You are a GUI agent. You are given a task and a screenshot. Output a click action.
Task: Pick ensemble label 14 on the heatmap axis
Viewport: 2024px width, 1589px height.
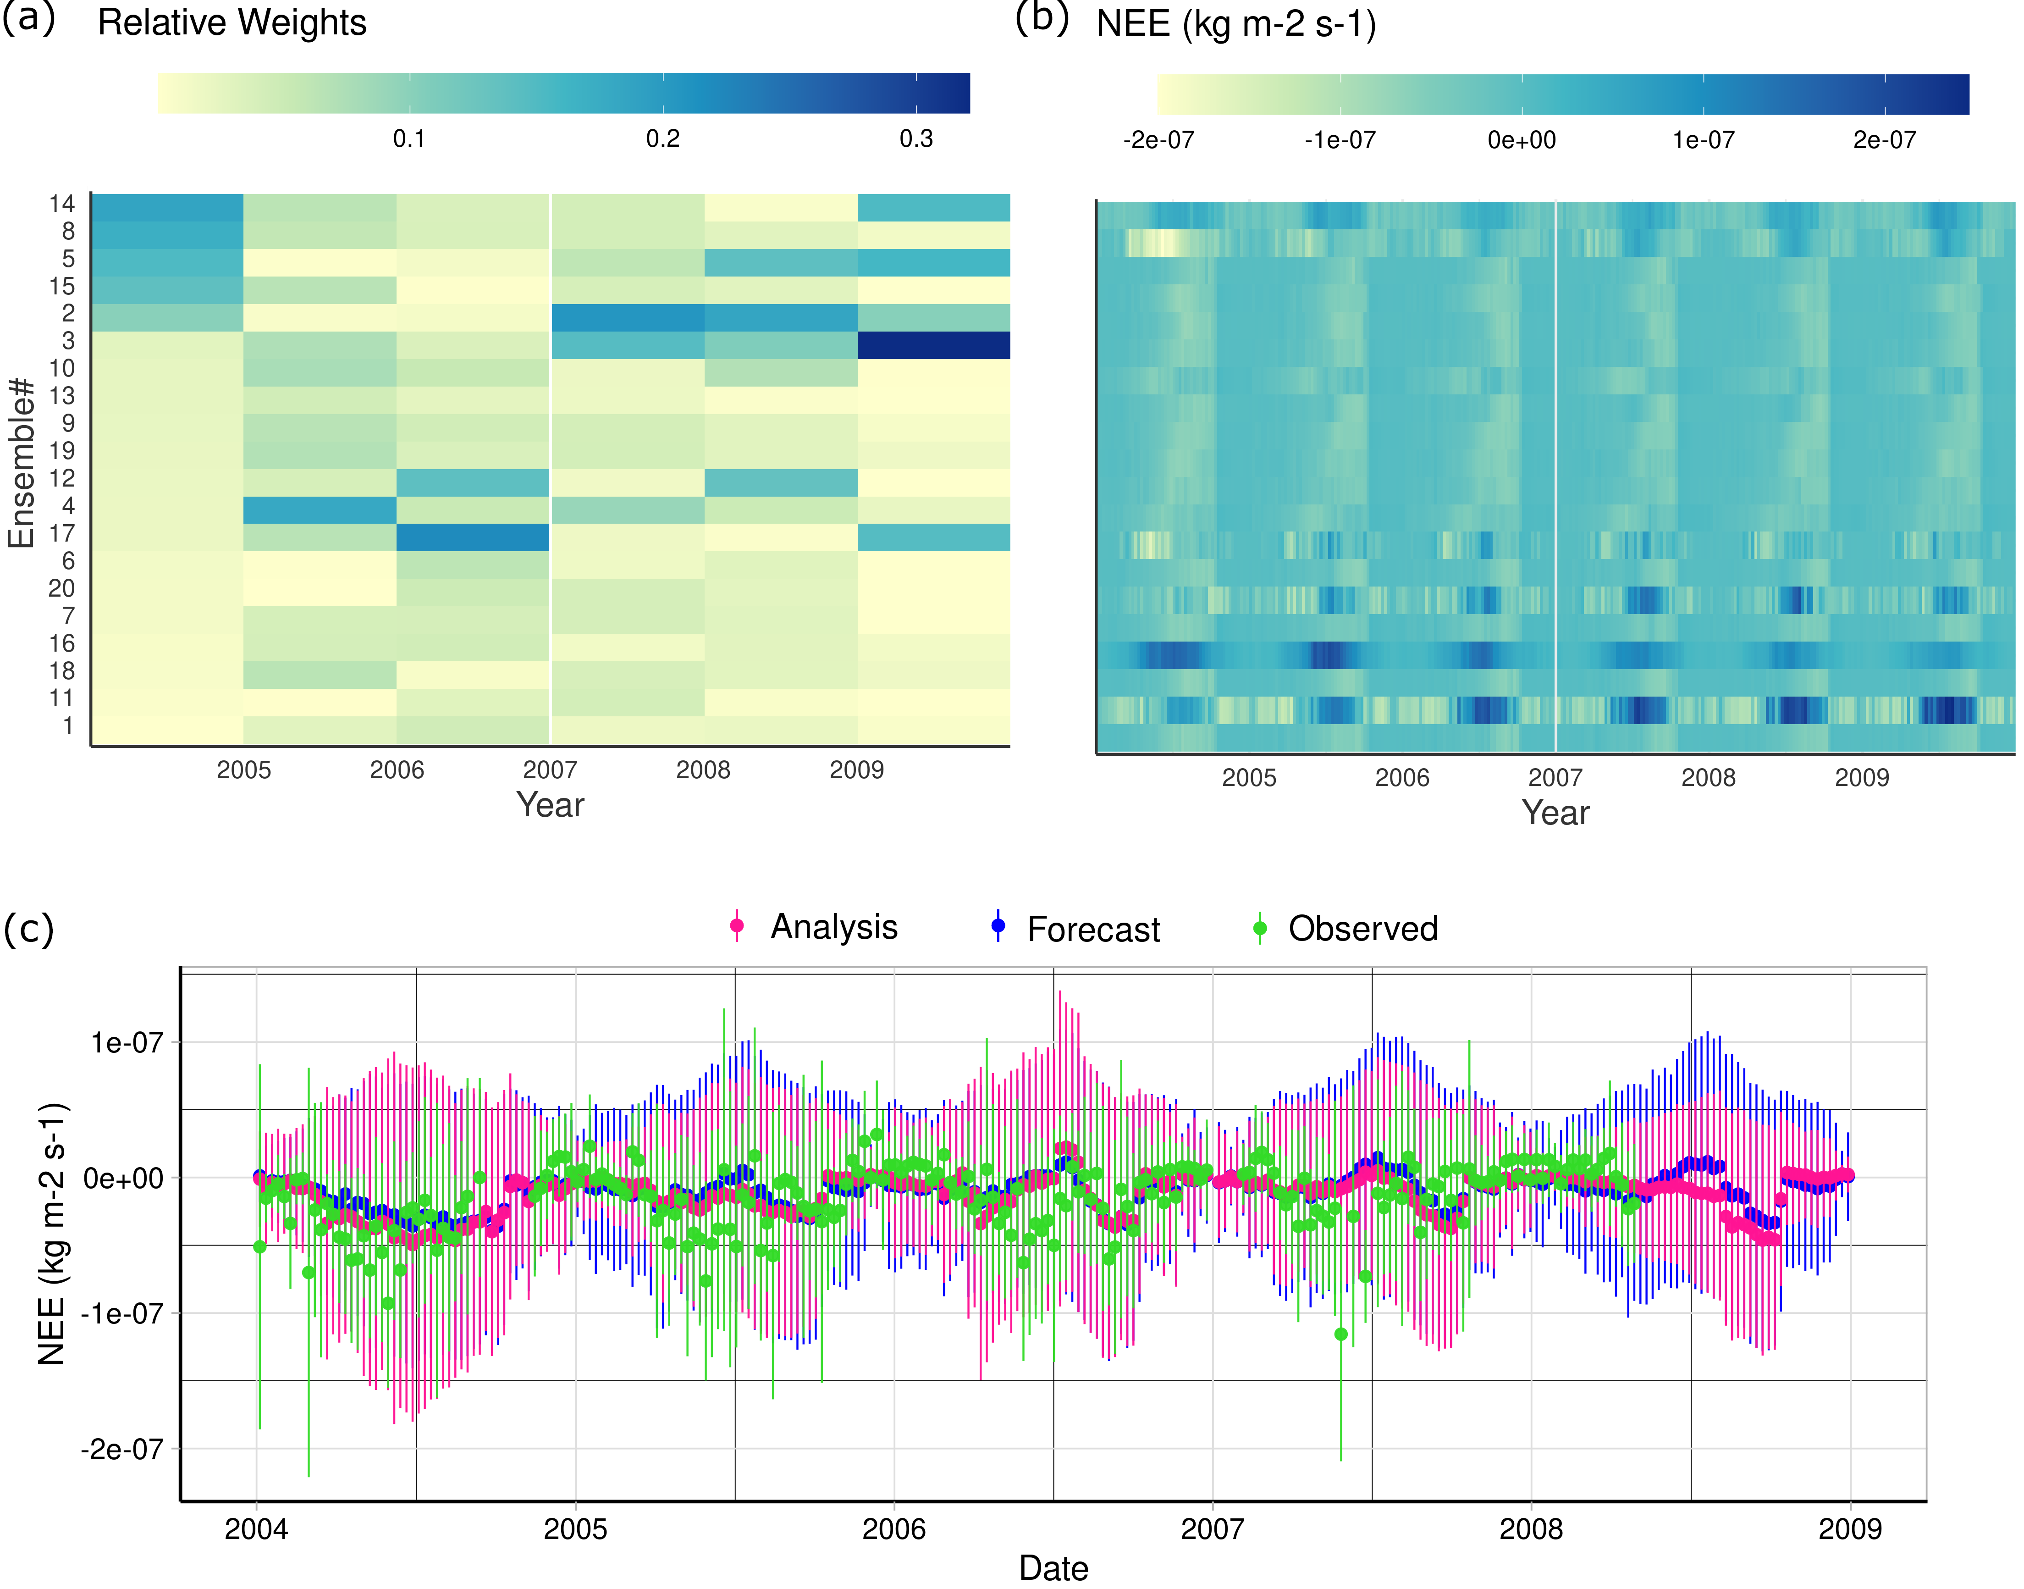(x=62, y=204)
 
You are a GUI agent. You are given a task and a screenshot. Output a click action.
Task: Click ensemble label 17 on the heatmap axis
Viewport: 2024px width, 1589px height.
(x=62, y=533)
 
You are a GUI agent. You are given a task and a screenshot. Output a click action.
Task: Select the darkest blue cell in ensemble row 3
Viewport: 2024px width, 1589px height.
(x=933, y=345)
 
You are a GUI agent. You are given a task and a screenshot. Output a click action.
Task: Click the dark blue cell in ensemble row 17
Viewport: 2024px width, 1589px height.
(x=473, y=538)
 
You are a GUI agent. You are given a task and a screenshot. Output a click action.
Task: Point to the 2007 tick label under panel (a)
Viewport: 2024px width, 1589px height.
(x=550, y=770)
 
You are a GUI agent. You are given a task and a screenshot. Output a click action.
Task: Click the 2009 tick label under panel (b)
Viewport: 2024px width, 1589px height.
(x=1861, y=778)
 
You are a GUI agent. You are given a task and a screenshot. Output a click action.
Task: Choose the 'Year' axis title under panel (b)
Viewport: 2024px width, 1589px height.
(x=1555, y=813)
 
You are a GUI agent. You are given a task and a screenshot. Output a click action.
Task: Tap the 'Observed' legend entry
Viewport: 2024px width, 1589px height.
(x=1362, y=929)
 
